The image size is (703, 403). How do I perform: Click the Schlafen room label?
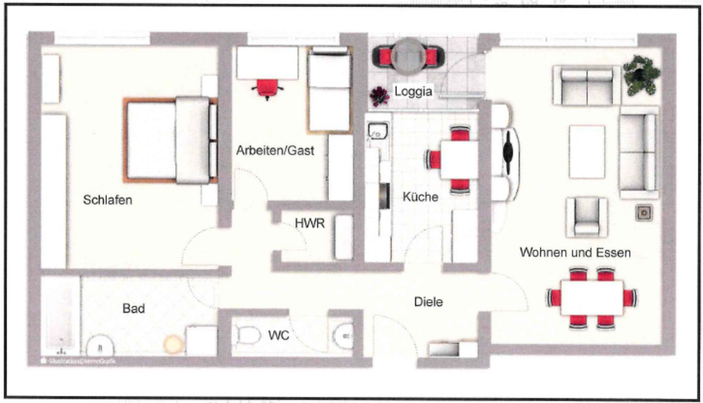[x=108, y=200]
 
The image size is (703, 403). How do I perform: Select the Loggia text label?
[x=413, y=91]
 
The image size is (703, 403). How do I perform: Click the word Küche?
[x=420, y=197]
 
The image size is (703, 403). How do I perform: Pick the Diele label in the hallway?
[x=429, y=301]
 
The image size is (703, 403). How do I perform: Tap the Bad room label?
[x=133, y=309]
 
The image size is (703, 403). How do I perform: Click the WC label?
[x=279, y=335]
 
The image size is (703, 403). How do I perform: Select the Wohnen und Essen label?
[x=575, y=252]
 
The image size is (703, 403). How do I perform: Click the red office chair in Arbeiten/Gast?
[x=267, y=87]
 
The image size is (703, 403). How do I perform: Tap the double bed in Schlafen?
[x=171, y=139]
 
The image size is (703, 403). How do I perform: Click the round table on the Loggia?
[x=409, y=56]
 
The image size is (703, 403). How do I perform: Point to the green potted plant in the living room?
[x=641, y=74]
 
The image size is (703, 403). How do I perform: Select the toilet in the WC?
[x=249, y=335]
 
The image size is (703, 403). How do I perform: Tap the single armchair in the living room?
[x=587, y=216]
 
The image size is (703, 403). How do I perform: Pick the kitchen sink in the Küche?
[x=378, y=131]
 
